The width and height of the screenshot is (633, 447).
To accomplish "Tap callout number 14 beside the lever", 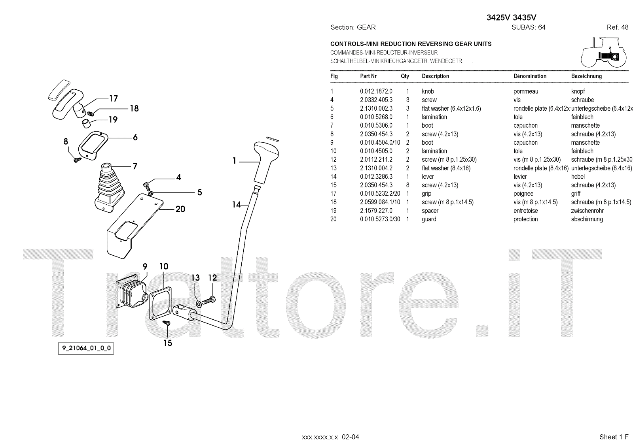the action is [x=236, y=204].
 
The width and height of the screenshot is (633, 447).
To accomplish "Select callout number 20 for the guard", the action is [x=180, y=209].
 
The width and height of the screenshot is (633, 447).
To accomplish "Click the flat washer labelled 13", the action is [x=198, y=304].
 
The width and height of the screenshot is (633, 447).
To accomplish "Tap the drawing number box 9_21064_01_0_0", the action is [x=86, y=349].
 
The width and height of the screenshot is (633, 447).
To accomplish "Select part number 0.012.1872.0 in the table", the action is [x=376, y=91].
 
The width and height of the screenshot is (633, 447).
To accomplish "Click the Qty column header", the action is [x=405, y=76].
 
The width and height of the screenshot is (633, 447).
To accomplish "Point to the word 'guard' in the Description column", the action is [x=429, y=219].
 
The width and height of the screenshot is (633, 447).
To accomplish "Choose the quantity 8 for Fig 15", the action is [x=407, y=185].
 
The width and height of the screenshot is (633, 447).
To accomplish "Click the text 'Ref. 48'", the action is [x=617, y=27].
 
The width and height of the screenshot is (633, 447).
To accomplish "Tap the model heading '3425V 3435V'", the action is [x=511, y=17].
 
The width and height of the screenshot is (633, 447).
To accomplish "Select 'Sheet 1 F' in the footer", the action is [x=614, y=437].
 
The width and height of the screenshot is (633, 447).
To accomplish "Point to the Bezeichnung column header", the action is [x=586, y=76].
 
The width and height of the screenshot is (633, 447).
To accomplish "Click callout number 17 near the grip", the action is [x=114, y=98].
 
